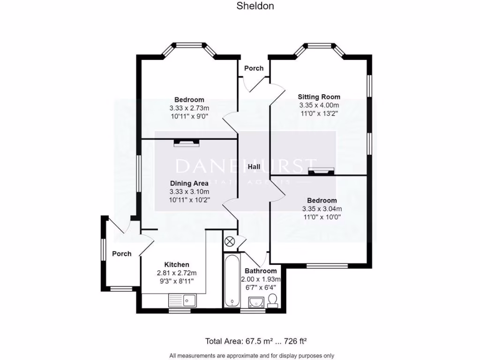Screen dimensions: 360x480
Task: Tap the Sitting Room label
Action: point(319,97)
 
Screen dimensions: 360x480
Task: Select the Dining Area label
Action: point(189,184)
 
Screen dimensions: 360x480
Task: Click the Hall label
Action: point(254,166)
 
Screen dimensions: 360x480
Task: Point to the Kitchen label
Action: point(176,265)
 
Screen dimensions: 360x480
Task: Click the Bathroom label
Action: point(261,271)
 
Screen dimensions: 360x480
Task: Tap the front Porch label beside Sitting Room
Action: point(254,68)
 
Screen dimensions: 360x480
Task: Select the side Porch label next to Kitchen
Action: point(121,254)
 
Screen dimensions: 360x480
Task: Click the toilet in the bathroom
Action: point(272,301)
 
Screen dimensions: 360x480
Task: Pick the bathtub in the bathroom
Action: point(232,281)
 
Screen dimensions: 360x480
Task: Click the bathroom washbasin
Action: point(256,301)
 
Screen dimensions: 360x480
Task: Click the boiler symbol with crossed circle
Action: point(229,241)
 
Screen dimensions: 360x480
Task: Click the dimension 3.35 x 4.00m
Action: point(319,105)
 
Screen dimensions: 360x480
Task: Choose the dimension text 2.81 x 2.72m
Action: point(176,273)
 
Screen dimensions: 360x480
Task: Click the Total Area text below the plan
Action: point(259,341)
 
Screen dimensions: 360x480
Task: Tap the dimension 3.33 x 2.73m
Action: point(189,108)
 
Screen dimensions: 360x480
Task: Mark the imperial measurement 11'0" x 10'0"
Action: point(322,217)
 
